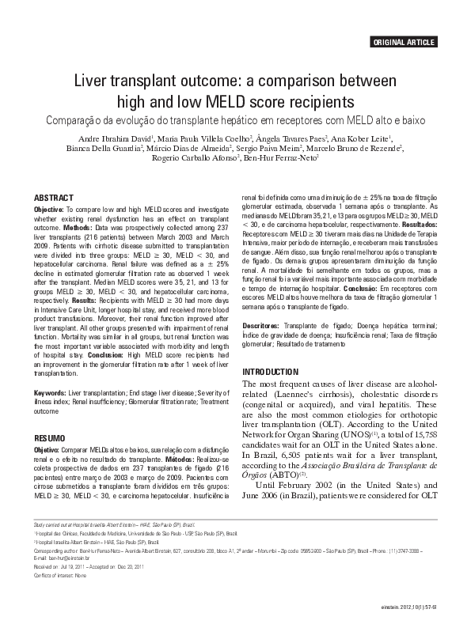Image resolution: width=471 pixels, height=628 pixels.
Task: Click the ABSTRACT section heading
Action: pyautogui.click(x=54, y=197)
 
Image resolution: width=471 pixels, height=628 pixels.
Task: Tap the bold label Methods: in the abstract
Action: pyautogui.click(x=80, y=226)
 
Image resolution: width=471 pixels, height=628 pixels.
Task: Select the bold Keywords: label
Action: pyautogui.click(x=50, y=393)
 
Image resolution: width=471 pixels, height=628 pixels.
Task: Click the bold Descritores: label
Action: pyautogui.click(x=262, y=325)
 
